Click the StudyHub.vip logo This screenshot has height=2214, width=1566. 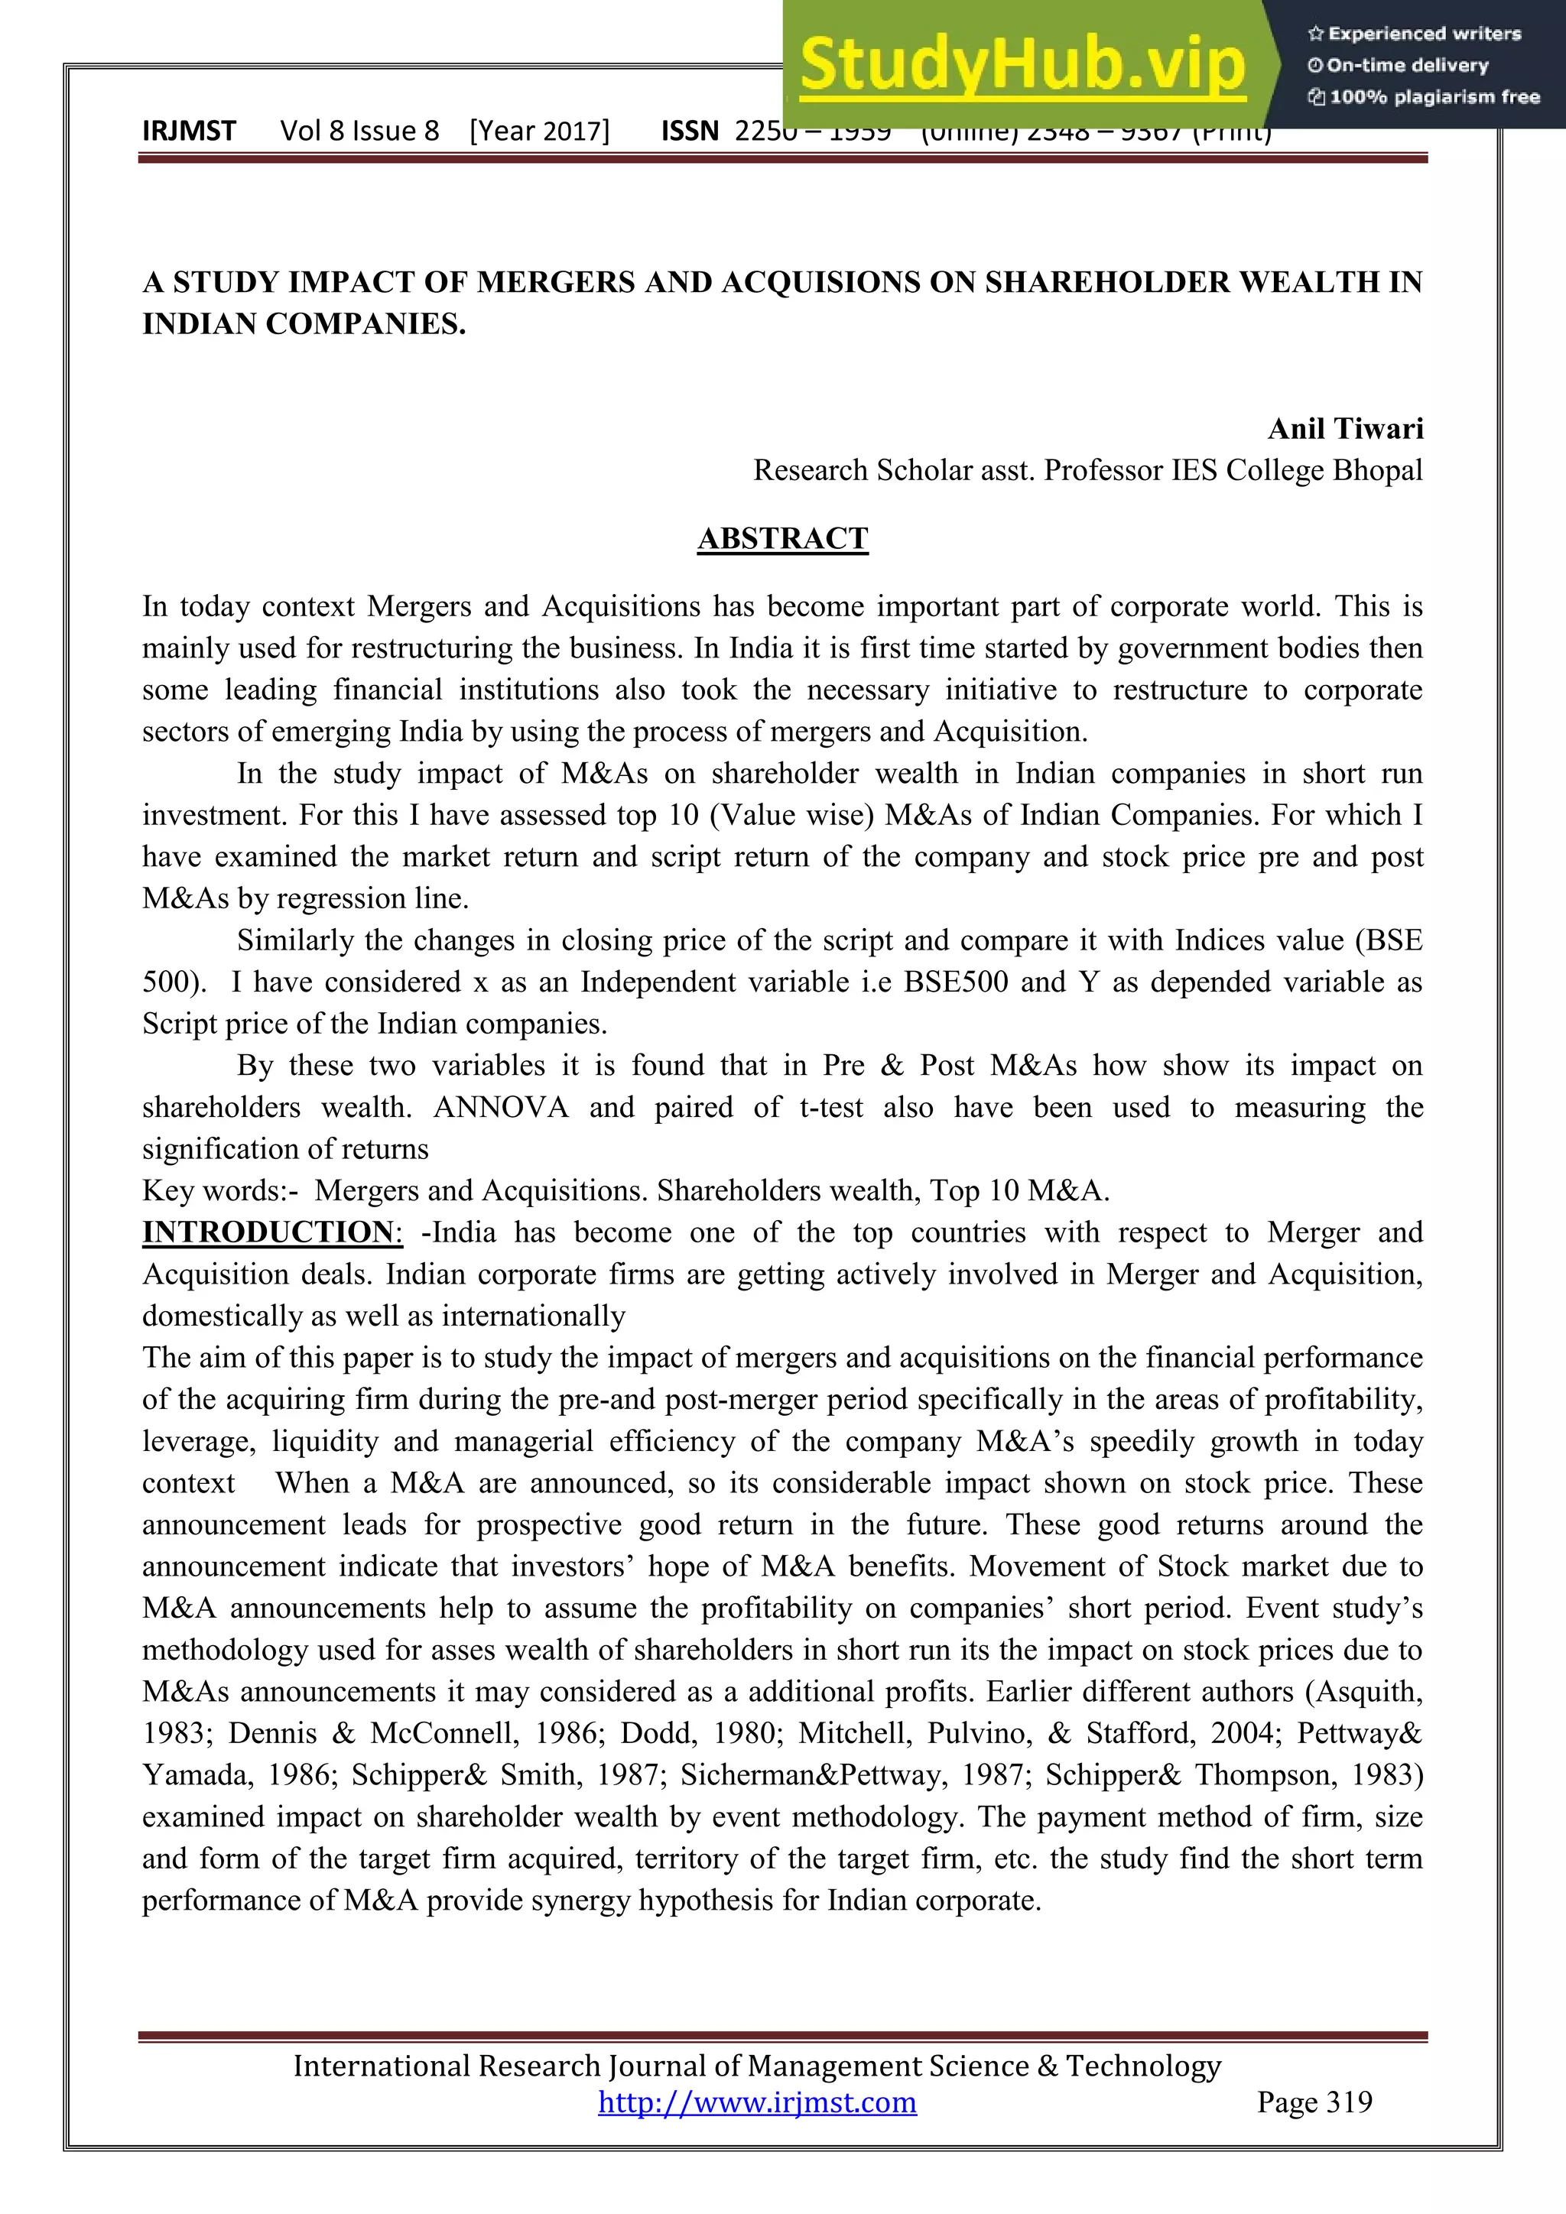click(1022, 66)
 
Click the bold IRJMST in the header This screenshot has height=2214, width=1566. click(189, 131)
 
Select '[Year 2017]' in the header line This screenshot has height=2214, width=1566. click(539, 131)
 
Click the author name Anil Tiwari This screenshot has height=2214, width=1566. click(1344, 428)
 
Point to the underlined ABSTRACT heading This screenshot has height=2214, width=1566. click(782, 538)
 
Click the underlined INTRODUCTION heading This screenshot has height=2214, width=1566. click(268, 1232)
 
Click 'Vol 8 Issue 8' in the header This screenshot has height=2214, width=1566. click(359, 131)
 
